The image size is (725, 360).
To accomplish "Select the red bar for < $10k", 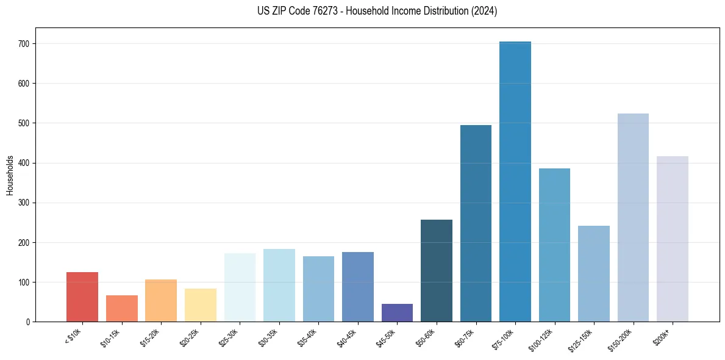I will click(82, 297).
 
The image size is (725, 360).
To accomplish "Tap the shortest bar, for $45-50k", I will click(397, 312).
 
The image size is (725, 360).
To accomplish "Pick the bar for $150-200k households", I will click(633, 217).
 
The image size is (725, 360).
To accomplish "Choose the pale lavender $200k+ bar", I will click(673, 239).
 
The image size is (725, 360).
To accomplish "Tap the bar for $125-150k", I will click(594, 273).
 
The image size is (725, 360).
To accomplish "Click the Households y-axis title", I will click(10, 175).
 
